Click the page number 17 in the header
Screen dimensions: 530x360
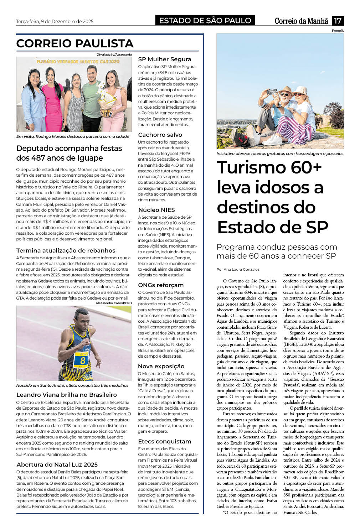click(337, 21)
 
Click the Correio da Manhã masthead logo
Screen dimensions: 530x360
click(301, 21)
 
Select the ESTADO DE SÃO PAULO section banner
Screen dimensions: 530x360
click(205, 21)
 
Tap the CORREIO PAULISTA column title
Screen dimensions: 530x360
click(75, 43)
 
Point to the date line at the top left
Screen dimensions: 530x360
click(55, 21)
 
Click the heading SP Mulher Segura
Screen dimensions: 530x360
click(165, 59)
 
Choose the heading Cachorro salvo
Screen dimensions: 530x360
click(160, 135)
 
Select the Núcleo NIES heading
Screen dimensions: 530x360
click(156, 210)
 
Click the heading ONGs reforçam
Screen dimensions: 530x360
click(161, 285)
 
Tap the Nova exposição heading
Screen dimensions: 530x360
click(161, 366)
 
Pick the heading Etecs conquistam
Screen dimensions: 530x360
click(165, 441)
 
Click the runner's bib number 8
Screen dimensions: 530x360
click(82, 360)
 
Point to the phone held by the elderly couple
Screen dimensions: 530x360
click(272, 91)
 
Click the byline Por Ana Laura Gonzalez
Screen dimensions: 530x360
click(238, 269)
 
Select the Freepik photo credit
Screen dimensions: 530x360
click(338, 31)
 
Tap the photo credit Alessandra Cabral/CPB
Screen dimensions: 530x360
click(113, 303)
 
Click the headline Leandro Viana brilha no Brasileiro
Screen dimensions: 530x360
click(67, 395)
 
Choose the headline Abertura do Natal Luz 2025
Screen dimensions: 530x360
click(57, 464)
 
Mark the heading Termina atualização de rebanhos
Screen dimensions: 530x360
click(66, 250)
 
